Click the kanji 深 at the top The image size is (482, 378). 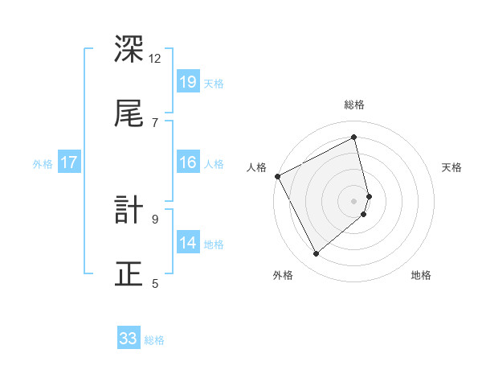(130, 50)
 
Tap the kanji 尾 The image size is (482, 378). (130, 114)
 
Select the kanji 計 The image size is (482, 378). (130, 211)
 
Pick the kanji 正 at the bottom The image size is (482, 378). (130, 274)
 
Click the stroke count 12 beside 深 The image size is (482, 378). (155, 58)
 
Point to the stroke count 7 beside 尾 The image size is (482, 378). (155, 122)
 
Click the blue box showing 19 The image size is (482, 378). (187, 82)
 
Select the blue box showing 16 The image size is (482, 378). (187, 162)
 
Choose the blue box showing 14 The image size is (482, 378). (187, 243)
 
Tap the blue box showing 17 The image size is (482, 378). (69, 162)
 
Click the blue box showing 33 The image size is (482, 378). (129, 339)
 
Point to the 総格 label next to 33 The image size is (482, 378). (154, 340)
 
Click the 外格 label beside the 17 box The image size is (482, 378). (43, 164)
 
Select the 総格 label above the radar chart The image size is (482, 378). (354, 105)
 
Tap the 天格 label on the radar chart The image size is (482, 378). (451, 167)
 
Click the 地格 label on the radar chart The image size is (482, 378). (421, 275)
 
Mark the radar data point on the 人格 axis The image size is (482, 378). (277, 176)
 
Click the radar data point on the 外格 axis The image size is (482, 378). (316, 254)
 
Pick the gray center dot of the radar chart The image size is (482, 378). (354, 201)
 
